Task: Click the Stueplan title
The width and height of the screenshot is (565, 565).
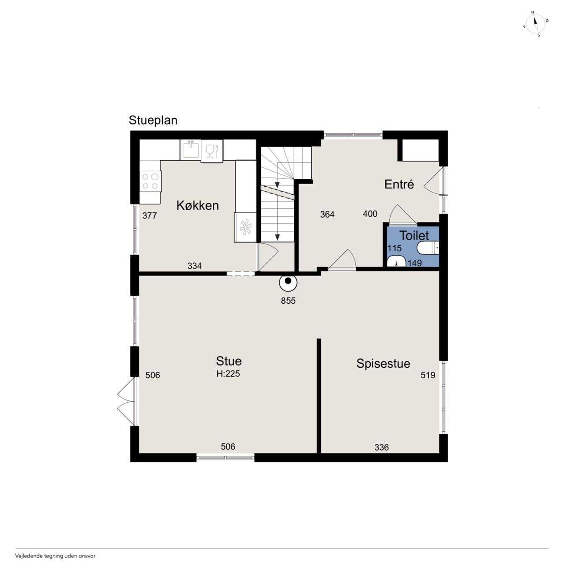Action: [x=153, y=121]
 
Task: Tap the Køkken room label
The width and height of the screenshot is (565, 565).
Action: [x=198, y=206]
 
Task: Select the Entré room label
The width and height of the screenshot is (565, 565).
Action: [x=399, y=184]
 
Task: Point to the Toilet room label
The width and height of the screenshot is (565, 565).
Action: [x=414, y=235]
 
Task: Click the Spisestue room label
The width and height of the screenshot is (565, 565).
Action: [x=383, y=364]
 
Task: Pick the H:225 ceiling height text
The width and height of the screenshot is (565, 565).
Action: [x=228, y=373]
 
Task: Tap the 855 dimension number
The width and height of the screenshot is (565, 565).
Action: [x=288, y=301]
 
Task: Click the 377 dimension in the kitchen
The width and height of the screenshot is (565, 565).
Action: [x=150, y=215]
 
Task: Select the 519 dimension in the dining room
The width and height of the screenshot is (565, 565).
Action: [x=428, y=375]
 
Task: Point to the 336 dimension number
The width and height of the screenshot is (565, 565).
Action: [x=381, y=447]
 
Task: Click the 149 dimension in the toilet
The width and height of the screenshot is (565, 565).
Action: [x=414, y=263]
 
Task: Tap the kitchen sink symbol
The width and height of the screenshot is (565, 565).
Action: [x=190, y=150]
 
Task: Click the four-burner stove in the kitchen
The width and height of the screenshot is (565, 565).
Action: [x=151, y=181]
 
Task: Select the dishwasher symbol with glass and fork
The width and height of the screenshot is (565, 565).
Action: [x=212, y=151]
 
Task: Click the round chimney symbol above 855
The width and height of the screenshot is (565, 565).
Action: [x=288, y=282]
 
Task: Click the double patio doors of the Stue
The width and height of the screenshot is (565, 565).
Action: [x=126, y=401]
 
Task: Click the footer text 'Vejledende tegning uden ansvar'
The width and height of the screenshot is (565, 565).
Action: [x=55, y=556]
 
